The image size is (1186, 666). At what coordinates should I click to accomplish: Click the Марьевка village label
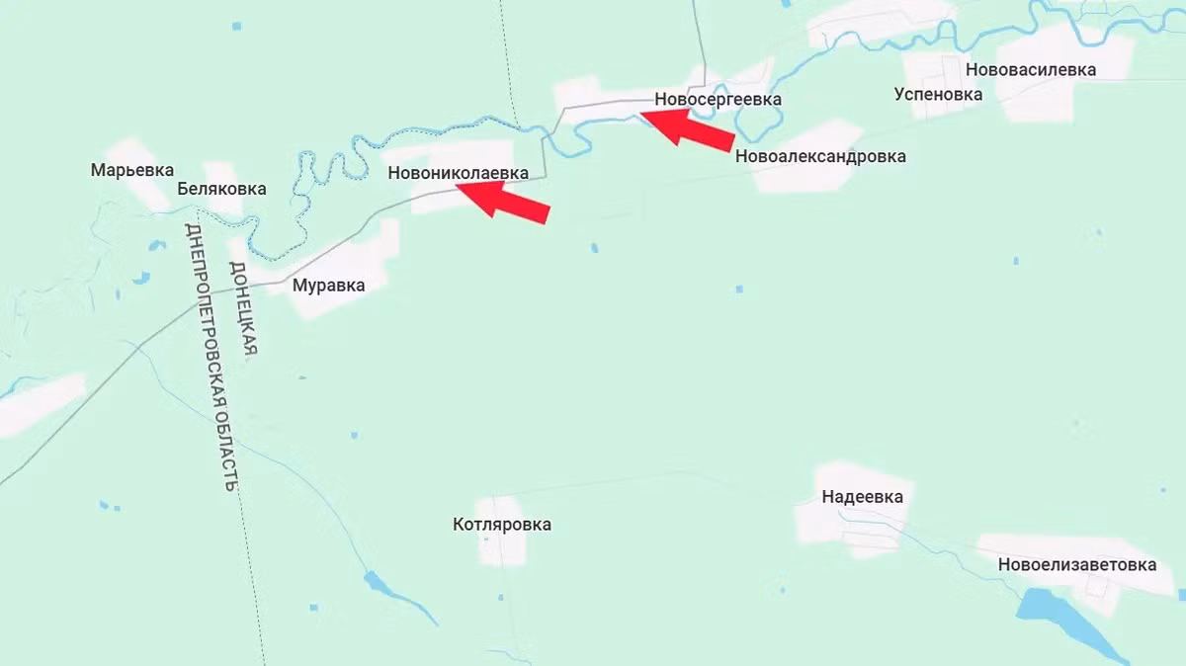132,170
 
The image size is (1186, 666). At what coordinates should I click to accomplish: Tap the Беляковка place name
221,189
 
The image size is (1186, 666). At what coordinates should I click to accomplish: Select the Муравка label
328,286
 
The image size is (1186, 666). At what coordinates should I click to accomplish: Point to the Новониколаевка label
459,173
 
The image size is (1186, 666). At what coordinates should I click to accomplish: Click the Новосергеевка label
718,99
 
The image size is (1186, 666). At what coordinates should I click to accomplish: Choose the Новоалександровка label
820,156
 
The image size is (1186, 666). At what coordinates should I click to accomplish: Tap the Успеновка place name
938,94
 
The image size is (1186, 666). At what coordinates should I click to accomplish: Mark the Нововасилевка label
1031,70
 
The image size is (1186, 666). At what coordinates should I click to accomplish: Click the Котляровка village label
502,525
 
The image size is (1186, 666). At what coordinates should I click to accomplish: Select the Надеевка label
862,497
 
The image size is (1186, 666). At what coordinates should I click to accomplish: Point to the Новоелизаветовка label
1076,565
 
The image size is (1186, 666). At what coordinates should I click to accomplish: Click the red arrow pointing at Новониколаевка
506,202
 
